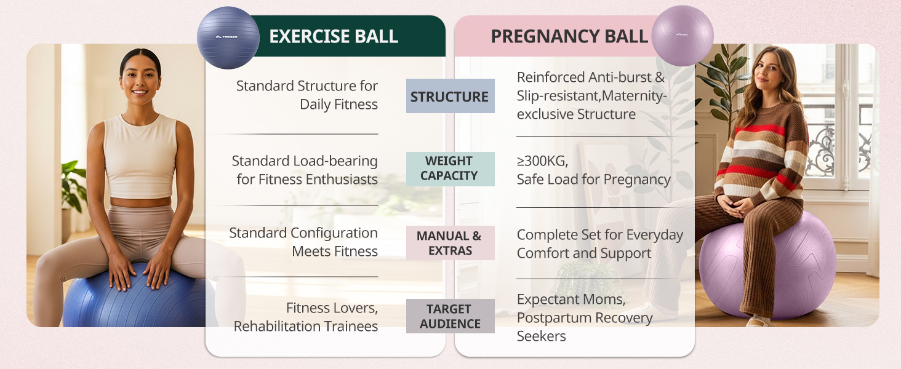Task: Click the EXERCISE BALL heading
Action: click(334, 36)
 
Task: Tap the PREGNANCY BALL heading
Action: click(569, 36)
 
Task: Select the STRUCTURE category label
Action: click(450, 97)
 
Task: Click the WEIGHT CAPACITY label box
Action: click(450, 169)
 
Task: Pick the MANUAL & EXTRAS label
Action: click(450, 243)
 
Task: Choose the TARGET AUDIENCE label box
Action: click(450, 316)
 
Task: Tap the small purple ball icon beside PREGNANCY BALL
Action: click(682, 36)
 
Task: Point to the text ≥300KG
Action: click(542, 161)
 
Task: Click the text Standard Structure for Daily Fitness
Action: click(306, 95)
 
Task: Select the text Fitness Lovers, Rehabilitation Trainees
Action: click(305, 316)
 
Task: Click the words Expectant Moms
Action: click(571, 300)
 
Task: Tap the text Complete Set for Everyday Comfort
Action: click(599, 244)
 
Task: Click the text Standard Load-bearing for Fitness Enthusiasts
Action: click(304, 170)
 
